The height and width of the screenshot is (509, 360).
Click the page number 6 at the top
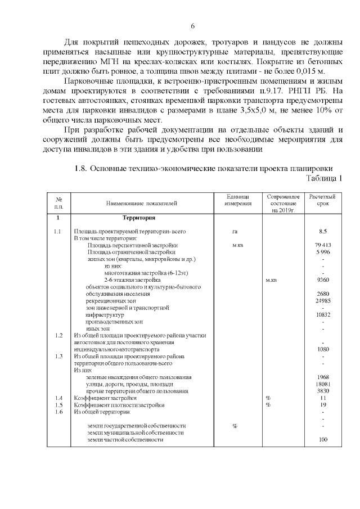(192, 26)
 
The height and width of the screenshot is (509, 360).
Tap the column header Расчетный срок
(322, 200)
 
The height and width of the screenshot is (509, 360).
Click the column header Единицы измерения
(237, 200)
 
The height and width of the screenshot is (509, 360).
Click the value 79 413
(323, 245)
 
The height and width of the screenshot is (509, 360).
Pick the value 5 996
(323, 252)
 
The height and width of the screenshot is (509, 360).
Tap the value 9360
(323, 280)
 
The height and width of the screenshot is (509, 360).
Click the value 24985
(323, 300)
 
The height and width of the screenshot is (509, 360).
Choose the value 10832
(323, 314)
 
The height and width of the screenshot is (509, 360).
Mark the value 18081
(323, 384)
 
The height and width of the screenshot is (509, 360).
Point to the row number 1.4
(58, 398)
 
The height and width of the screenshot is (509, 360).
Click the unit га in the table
(235, 231)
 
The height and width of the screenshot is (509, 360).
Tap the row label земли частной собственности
(125, 439)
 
